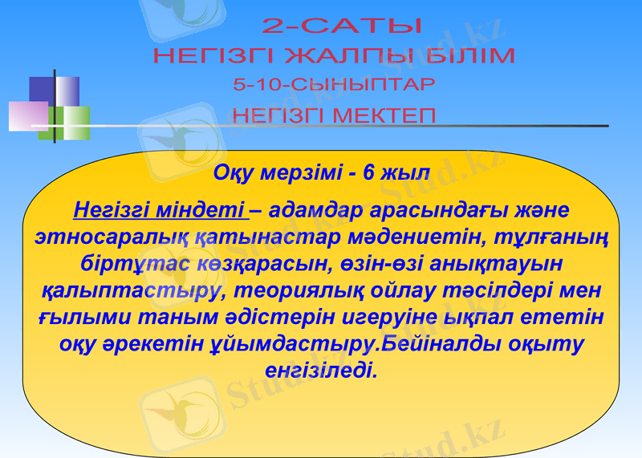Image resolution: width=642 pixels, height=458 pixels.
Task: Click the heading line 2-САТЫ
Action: pyautogui.click(x=342, y=26)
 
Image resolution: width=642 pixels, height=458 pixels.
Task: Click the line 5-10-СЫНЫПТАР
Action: pyautogui.click(x=334, y=84)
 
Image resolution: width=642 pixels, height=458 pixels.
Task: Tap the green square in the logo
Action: pyautogui.click(x=64, y=123)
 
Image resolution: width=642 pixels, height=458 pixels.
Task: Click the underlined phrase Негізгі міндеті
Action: pyautogui.click(x=159, y=211)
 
